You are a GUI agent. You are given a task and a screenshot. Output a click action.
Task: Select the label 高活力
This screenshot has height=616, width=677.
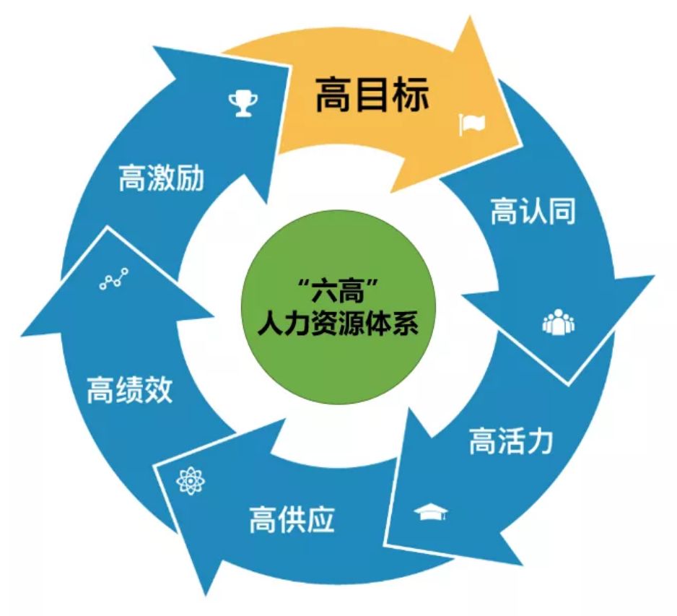click(x=510, y=439)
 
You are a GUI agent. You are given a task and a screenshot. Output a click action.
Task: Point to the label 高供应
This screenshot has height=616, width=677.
click(x=292, y=519)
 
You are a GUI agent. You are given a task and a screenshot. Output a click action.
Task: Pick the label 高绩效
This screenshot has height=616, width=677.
click(x=129, y=391)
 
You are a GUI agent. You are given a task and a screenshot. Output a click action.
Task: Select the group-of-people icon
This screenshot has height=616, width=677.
click(x=559, y=323)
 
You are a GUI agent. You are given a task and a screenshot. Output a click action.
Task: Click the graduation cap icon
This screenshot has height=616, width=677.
click(x=431, y=512)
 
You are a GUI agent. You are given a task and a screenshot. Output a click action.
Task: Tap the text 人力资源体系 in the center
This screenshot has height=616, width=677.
click(x=338, y=324)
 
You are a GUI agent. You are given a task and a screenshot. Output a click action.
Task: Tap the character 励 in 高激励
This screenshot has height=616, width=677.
click(x=190, y=179)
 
